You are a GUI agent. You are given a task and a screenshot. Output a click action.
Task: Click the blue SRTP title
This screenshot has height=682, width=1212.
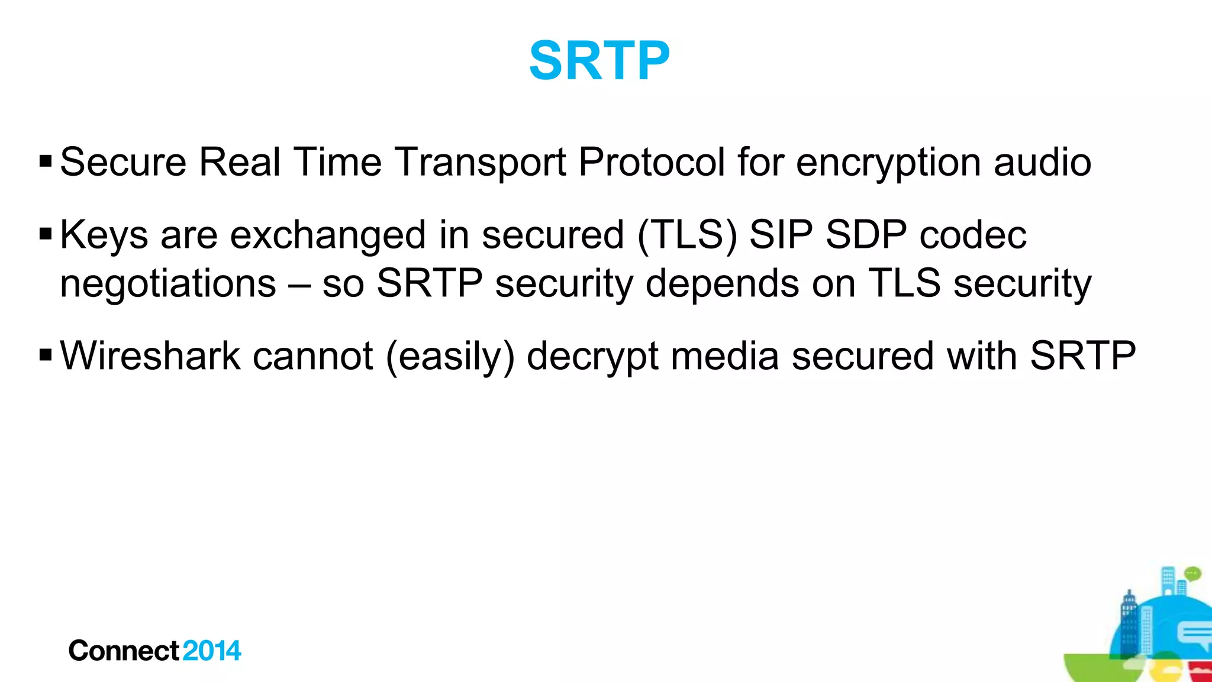pyautogui.click(x=599, y=60)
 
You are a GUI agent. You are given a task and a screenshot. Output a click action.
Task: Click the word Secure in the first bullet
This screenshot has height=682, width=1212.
pyautogui.click(x=123, y=161)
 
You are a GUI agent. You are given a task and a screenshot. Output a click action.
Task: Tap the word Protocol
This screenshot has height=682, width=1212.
pyautogui.click(x=651, y=163)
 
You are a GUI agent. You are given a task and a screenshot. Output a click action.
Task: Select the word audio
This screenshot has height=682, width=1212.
pyautogui.click(x=1042, y=162)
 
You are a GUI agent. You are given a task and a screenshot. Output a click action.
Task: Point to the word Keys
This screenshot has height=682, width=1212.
pyautogui.click(x=104, y=235)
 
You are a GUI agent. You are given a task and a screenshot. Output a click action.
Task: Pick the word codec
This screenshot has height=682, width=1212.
pyautogui.click(x=973, y=235)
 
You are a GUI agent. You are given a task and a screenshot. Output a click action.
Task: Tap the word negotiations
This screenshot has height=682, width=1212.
pyautogui.click(x=168, y=283)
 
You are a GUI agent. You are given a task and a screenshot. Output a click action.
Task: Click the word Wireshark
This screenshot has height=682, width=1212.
pyautogui.click(x=150, y=356)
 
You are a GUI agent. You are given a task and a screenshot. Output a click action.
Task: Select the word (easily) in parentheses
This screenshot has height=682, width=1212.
pyautogui.click(x=450, y=357)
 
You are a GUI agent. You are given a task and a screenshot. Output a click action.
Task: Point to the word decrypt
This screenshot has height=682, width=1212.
pyautogui.click(x=592, y=357)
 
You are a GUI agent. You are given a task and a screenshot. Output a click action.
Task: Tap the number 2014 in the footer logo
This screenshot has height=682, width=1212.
pyautogui.click(x=212, y=651)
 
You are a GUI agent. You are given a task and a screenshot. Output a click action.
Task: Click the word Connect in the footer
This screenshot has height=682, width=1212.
pyautogui.click(x=124, y=651)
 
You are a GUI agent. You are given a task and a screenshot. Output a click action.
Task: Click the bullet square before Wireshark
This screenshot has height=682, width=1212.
pyautogui.click(x=46, y=355)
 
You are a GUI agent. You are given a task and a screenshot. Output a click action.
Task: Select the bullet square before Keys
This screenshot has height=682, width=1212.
pyautogui.click(x=46, y=234)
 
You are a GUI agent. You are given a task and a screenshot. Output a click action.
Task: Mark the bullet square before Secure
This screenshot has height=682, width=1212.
pyautogui.click(x=46, y=161)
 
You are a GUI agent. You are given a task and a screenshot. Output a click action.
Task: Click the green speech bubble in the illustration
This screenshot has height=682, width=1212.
pyautogui.click(x=1193, y=573)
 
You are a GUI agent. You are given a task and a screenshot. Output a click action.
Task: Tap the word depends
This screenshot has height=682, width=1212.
pyautogui.click(x=722, y=285)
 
